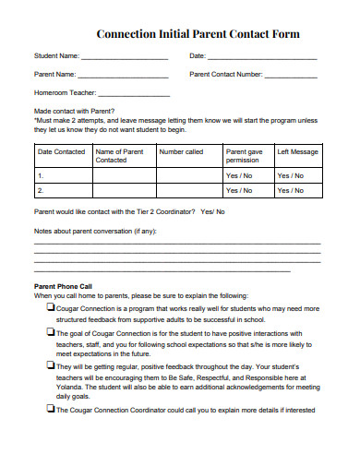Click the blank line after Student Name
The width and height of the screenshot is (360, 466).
click(x=125, y=58)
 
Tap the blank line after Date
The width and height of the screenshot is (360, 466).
click(x=262, y=58)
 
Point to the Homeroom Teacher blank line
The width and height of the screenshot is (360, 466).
click(x=133, y=93)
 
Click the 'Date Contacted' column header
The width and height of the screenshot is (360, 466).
click(x=62, y=151)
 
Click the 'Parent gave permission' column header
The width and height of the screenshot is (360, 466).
click(x=244, y=155)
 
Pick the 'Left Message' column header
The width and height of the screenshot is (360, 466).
click(x=297, y=151)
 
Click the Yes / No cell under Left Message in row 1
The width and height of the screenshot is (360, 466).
click(x=297, y=174)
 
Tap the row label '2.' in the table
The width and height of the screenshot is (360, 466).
click(x=40, y=190)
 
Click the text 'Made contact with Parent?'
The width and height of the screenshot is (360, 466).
click(x=74, y=110)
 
